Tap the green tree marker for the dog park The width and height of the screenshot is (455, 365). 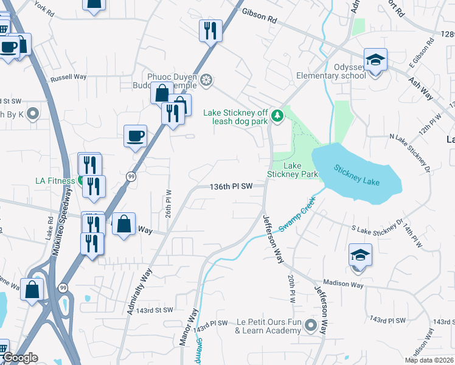click(277, 115)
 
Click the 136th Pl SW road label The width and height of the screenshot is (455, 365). click(231, 187)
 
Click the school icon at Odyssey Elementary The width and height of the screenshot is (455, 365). click(375, 60)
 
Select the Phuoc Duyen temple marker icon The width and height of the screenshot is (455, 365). click(206, 80)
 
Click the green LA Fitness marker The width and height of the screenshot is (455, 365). click(81, 181)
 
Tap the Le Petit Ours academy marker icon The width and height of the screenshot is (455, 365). click(311, 325)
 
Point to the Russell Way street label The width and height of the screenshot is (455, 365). click(69, 77)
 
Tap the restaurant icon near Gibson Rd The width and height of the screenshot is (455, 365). click(210, 30)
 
